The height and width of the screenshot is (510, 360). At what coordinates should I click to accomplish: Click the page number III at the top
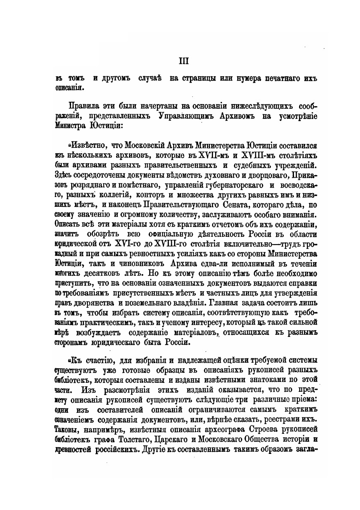coord(183,61)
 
